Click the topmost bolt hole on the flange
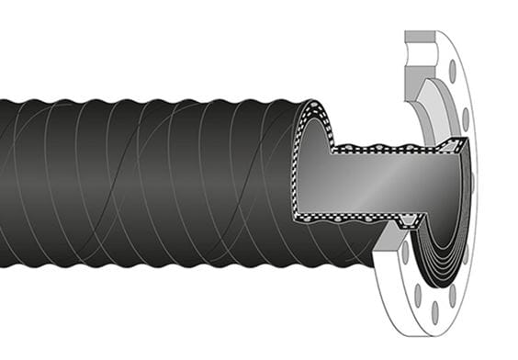point(452,70)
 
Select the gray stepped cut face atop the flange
point(424,51)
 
